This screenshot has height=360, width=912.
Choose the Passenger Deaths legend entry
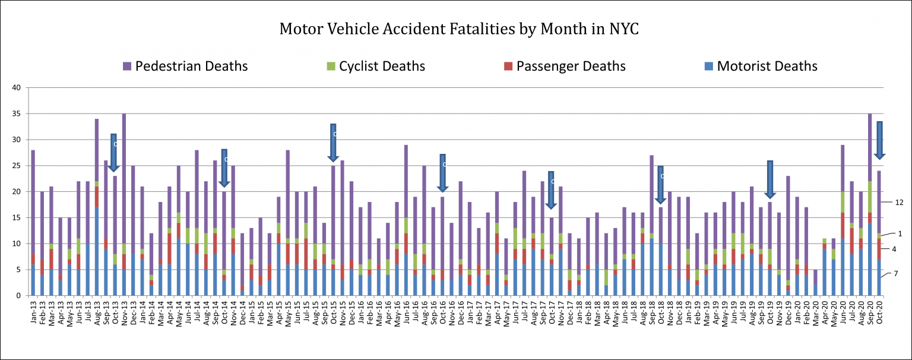point(570,66)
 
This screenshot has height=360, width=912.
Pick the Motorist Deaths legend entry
point(767,66)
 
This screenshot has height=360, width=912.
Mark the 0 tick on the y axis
point(18,296)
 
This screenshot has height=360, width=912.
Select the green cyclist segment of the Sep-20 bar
point(870,197)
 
